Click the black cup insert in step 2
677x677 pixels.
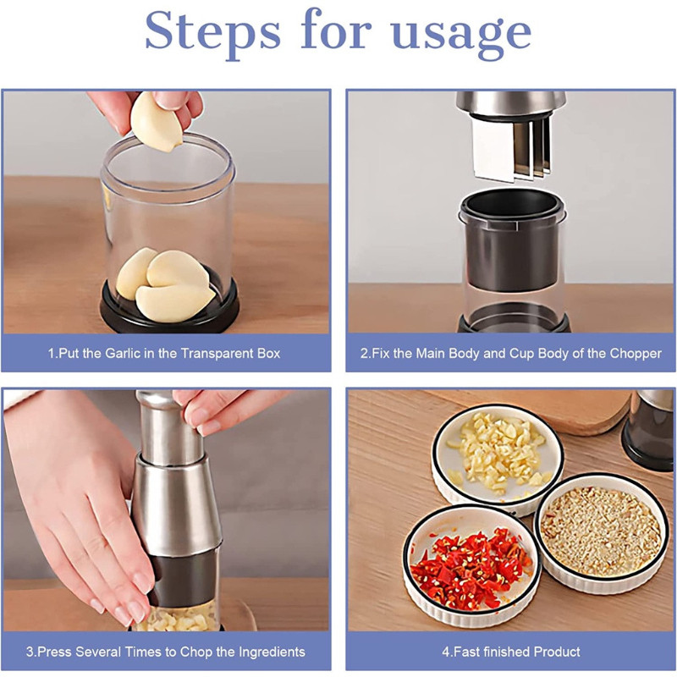[x=512, y=239]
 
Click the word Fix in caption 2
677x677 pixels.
[x=380, y=354]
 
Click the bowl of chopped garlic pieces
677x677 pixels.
[x=498, y=458]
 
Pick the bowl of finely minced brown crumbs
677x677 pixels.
[x=600, y=533]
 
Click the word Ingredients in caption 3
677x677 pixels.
[x=272, y=652]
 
